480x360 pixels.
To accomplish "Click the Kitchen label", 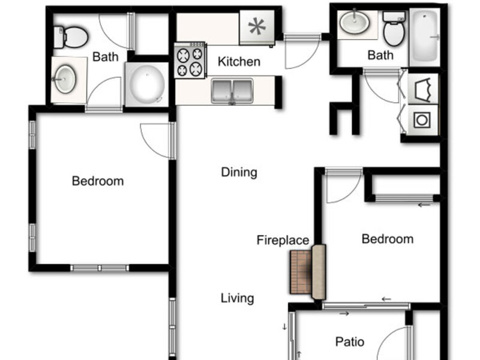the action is pyautogui.click(x=239, y=62).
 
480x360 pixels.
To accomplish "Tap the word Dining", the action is pyautogui.click(x=239, y=172).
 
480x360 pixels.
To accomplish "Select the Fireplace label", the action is pyautogui.click(x=283, y=240).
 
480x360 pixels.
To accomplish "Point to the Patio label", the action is pyautogui.click(x=350, y=341).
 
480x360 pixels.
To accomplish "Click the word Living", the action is pyautogui.click(x=237, y=298).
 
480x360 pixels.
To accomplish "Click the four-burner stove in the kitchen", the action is pyautogui.click(x=190, y=60).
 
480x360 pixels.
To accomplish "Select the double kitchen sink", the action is pyautogui.click(x=232, y=91).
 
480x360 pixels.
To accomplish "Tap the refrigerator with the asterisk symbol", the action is pyautogui.click(x=257, y=27).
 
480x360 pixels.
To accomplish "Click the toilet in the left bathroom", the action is pyautogui.click(x=71, y=37).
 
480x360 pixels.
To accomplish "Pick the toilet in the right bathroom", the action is pyautogui.click(x=394, y=29).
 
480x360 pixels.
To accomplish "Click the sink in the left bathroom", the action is pyautogui.click(x=65, y=79).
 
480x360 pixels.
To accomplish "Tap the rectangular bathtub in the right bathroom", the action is pyautogui.click(x=425, y=37).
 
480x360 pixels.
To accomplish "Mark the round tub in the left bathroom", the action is pyautogui.click(x=146, y=85).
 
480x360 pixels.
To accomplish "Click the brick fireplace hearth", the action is pyautogui.click(x=301, y=272).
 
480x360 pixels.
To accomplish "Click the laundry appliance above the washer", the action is pyautogui.click(x=422, y=89).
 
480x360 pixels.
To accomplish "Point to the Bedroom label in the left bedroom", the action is pyautogui.click(x=98, y=181).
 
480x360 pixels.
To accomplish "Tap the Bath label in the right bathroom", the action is pyautogui.click(x=380, y=55).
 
